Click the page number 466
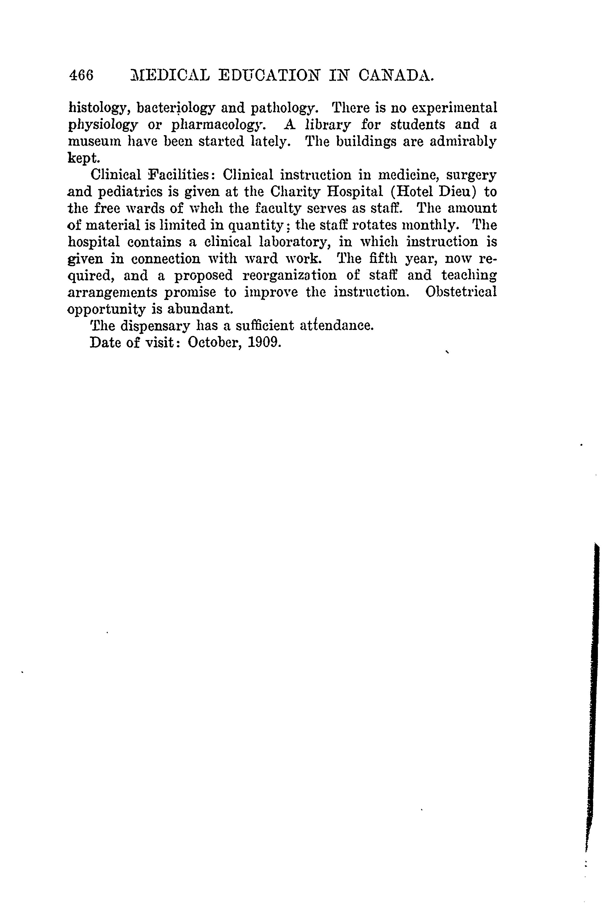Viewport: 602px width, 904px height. (x=81, y=75)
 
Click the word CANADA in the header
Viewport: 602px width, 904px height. (x=397, y=75)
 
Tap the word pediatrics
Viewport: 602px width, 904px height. (x=134, y=192)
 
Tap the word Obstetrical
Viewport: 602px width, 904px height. (x=461, y=292)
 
